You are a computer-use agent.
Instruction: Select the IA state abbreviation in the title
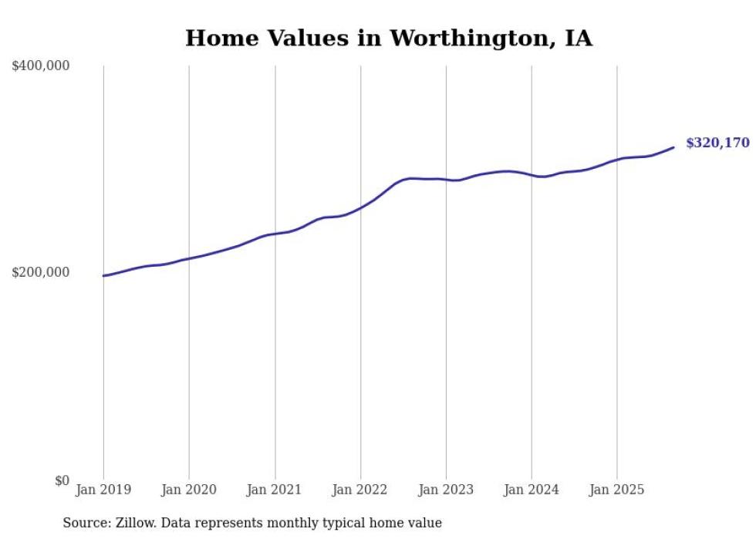click(579, 39)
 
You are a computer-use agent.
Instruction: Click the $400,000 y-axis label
click(41, 66)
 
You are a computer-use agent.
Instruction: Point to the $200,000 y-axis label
click(41, 273)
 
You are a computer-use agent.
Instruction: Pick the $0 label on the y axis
click(62, 480)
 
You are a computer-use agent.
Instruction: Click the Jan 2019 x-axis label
click(103, 490)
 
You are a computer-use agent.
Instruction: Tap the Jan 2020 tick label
click(189, 490)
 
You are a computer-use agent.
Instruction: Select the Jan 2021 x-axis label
click(275, 490)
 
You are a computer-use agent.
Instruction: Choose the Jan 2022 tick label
click(360, 490)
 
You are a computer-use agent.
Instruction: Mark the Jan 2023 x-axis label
click(446, 490)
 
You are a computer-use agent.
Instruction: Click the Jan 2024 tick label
click(532, 490)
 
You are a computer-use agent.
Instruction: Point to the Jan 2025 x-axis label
click(617, 490)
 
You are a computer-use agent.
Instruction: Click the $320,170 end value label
click(717, 143)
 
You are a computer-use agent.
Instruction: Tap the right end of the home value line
click(673, 147)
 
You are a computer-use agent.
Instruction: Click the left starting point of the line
click(103, 275)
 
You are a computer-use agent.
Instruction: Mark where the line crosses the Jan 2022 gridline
click(360, 207)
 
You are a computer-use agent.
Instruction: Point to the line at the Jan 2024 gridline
click(532, 175)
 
